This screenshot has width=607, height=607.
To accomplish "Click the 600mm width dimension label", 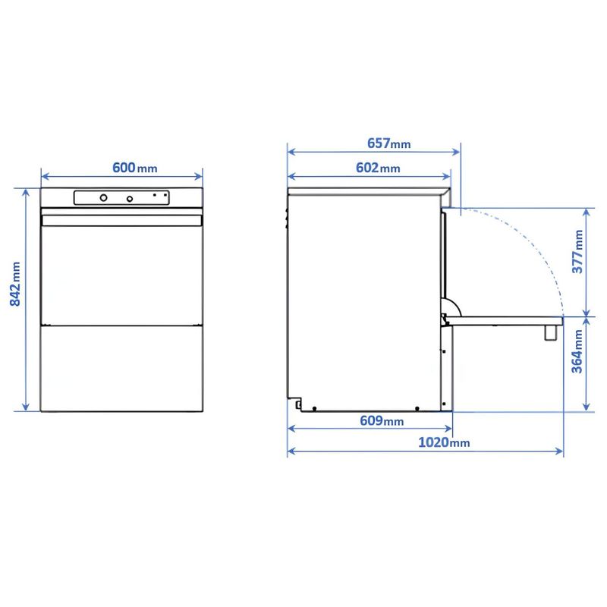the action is point(135,168).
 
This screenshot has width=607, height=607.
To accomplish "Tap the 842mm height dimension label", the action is point(15,284).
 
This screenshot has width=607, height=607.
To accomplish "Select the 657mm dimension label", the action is point(388,143).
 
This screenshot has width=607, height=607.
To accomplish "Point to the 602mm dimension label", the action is point(378,168).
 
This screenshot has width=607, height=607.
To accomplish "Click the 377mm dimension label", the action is point(577,251).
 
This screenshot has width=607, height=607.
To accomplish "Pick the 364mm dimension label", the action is point(577,351).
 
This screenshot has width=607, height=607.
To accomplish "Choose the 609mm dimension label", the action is point(382,420).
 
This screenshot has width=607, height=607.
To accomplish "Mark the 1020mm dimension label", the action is point(444,442).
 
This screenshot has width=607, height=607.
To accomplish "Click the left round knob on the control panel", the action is point(103,198).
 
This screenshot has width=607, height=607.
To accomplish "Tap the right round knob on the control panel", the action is point(130,199).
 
